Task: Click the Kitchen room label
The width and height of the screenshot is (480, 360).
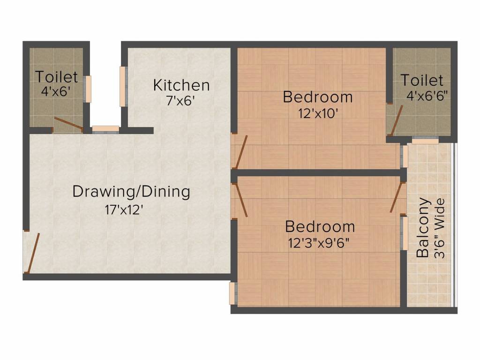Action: click(x=181, y=85)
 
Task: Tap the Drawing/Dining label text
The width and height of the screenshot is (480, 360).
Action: click(x=131, y=192)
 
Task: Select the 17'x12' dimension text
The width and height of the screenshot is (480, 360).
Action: click(x=124, y=209)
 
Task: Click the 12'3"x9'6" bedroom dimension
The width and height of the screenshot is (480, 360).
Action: click(x=320, y=243)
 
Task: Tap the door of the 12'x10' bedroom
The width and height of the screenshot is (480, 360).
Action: click(x=241, y=152)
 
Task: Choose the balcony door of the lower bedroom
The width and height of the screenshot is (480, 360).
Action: click(x=397, y=197)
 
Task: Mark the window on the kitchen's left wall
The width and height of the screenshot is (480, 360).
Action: click(x=123, y=86)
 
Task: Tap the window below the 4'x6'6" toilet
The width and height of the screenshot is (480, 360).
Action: click(x=425, y=141)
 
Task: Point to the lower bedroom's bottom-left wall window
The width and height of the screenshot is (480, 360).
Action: click(x=232, y=293)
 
